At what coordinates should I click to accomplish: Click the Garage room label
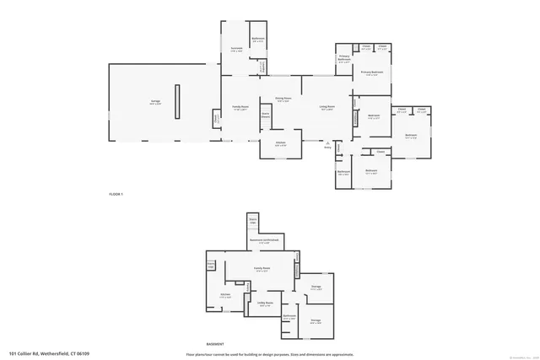pos(155,103)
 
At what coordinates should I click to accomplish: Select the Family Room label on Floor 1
pos(240,107)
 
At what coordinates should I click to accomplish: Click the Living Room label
pos(327,107)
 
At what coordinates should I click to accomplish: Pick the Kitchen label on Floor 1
pos(279,143)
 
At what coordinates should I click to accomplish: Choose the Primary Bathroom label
pos(344,60)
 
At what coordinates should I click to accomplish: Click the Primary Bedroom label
pos(372,73)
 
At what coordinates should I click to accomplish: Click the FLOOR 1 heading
pos(116,195)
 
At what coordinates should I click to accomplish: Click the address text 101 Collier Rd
pos(49,353)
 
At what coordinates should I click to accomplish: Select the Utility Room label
pos(264,304)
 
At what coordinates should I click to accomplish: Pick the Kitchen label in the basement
pos(225,295)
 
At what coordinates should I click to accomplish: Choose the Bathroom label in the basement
pos(289,316)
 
